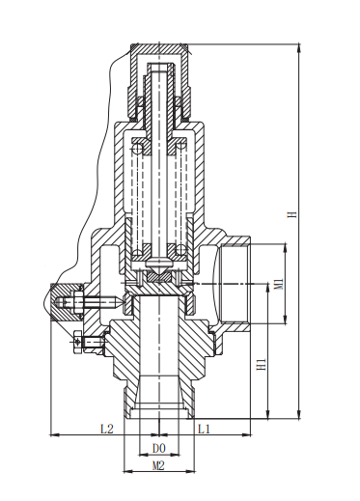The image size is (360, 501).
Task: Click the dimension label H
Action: click(292, 214)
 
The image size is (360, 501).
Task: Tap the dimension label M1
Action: click(279, 284)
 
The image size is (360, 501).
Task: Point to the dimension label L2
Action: click(107, 429)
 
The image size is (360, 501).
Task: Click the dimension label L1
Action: click(204, 429)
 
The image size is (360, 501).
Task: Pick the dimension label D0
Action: click(158, 448)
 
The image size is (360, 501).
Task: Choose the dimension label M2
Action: click(158, 465)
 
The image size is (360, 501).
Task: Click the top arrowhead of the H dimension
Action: click(299, 47)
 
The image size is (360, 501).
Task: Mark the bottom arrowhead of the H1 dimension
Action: click(268, 415)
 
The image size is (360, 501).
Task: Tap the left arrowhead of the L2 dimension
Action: click(55, 435)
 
